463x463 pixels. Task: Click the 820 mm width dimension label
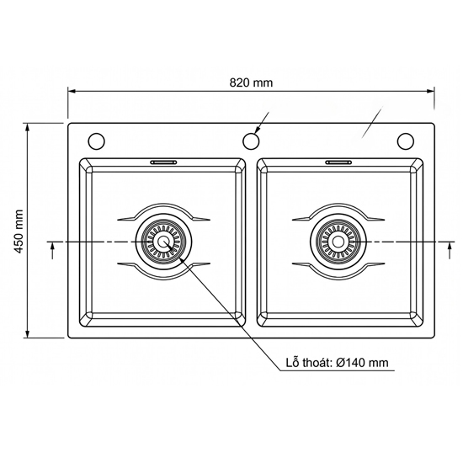(x=251, y=82)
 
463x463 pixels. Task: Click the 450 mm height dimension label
(x=19, y=231)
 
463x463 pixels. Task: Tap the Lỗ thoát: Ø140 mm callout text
(x=337, y=362)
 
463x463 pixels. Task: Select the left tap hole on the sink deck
(x=96, y=141)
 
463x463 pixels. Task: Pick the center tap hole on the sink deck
(x=251, y=141)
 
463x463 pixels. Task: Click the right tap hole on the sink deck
(x=406, y=141)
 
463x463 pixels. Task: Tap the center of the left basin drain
(x=163, y=242)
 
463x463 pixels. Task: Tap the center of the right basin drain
(x=338, y=242)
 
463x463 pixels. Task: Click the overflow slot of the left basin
(x=163, y=162)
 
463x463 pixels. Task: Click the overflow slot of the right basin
(x=338, y=162)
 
